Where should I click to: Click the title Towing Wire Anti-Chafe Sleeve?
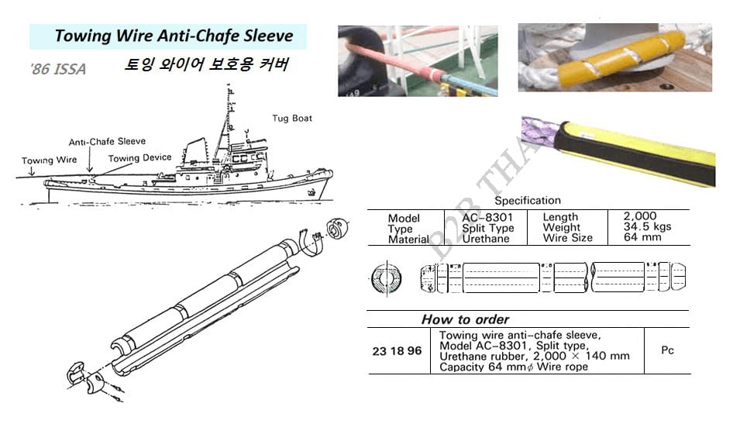(x=174, y=36)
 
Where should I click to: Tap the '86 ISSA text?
(x=58, y=69)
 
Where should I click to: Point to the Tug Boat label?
(x=292, y=119)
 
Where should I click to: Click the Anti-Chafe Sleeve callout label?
(x=107, y=142)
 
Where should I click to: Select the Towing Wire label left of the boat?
(x=49, y=160)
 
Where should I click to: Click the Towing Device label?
(x=139, y=158)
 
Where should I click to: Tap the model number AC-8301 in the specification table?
(x=487, y=217)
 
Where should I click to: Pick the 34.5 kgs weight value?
(x=647, y=226)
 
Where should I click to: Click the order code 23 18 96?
(x=397, y=351)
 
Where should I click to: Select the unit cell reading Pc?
(x=667, y=350)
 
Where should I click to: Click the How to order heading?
(x=465, y=319)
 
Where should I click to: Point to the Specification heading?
(x=528, y=201)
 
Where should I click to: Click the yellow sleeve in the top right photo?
(x=621, y=57)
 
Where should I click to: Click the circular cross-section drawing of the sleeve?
(x=387, y=278)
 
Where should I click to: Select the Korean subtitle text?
(x=207, y=64)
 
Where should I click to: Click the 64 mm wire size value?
(x=642, y=237)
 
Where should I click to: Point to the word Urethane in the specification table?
(x=486, y=239)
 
